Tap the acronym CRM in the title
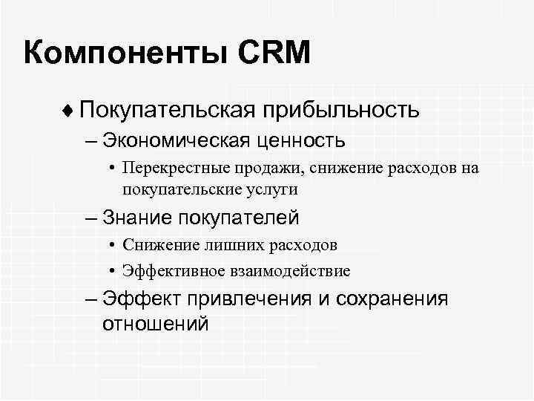tap(274, 53)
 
